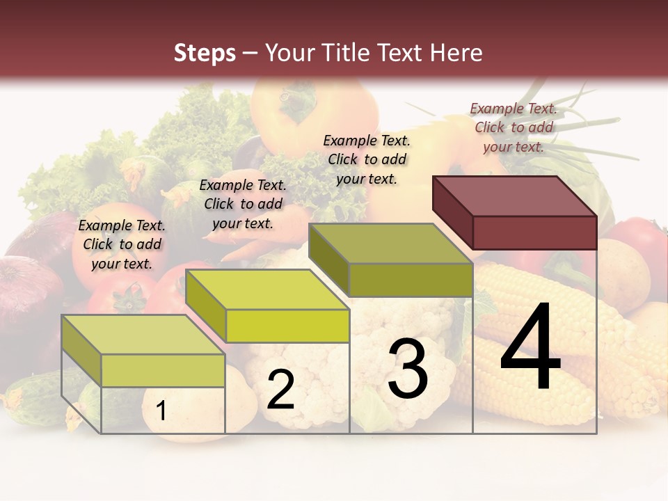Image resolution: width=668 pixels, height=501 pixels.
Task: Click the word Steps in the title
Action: (205, 53)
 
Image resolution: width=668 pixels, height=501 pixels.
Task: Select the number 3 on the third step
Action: (407, 369)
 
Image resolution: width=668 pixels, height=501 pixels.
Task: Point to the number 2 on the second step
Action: (280, 390)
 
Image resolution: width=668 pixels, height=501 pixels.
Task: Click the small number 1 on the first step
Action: (161, 411)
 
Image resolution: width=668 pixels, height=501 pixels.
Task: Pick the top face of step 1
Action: (143, 335)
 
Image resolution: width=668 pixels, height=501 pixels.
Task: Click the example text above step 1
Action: (122, 244)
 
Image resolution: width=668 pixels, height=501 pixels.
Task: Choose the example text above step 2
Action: (243, 204)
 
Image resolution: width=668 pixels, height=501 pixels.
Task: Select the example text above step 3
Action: (367, 159)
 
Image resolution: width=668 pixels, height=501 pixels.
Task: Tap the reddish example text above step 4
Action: (514, 127)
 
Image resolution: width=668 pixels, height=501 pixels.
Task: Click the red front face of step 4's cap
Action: (534, 232)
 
